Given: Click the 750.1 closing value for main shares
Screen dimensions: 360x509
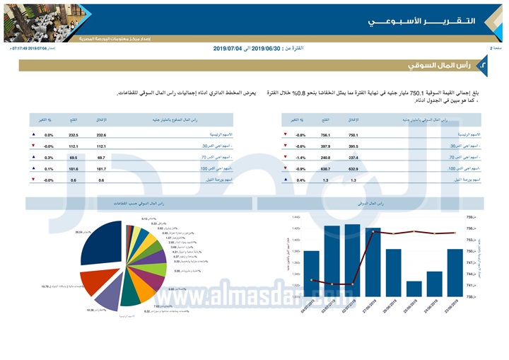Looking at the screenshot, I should (353, 134).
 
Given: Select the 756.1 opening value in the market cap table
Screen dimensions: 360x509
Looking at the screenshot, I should (325, 134).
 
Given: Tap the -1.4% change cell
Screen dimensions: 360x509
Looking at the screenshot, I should (300, 158).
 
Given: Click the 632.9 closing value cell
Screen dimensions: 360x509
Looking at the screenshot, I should (353, 169).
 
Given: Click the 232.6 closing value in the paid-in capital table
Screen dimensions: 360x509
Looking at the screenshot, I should (101, 134).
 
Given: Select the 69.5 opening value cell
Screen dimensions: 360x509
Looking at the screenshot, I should (73, 158).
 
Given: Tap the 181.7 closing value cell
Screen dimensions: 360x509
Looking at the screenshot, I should (101, 169).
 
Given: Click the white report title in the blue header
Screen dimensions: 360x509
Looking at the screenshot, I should (420, 21).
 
